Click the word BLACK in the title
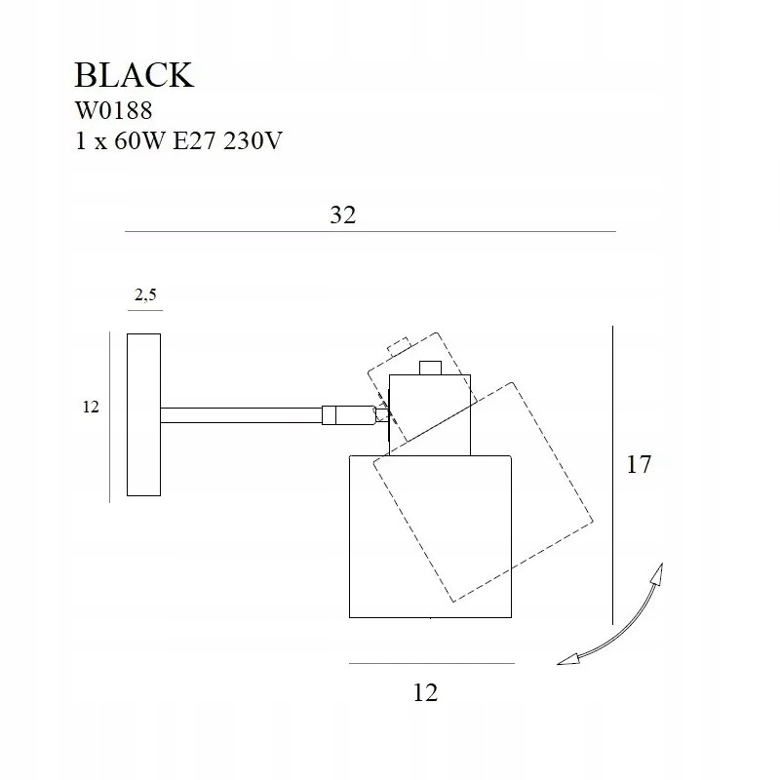(134, 75)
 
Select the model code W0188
(113, 110)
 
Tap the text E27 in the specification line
(194, 140)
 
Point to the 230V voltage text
(253, 140)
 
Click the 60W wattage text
(138, 140)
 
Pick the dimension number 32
(343, 214)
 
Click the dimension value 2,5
(145, 295)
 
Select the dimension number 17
(639, 464)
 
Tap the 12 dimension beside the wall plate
(91, 407)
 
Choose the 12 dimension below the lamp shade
(425, 692)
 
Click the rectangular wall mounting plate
(143, 415)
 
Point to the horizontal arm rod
(241, 415)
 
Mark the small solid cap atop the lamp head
(431, 369)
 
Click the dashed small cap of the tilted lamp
(399, 346)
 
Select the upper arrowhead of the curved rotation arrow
(658, 575)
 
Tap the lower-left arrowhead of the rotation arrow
(568, 659)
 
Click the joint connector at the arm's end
(349, 415)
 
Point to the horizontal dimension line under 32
(370, 231)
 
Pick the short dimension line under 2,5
(145, 310)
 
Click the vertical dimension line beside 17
(613, 475)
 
